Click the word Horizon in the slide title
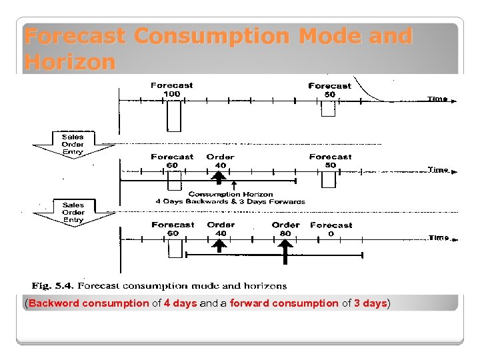(69, 62)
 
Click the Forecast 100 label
(172, 89)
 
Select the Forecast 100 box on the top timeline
(173, 116)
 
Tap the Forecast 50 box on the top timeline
(328, 108)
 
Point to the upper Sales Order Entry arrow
(73, 144)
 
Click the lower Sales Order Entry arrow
(73, 213)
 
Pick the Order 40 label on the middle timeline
(220, 161)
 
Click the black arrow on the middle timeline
(219, 177)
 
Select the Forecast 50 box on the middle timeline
(329, 180)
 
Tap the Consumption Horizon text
(230, 194)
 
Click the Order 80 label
(285, 229)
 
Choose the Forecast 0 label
(331, 229)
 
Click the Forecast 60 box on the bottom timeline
(175, 248)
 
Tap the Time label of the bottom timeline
(438, 237)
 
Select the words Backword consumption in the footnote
(89, 303)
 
